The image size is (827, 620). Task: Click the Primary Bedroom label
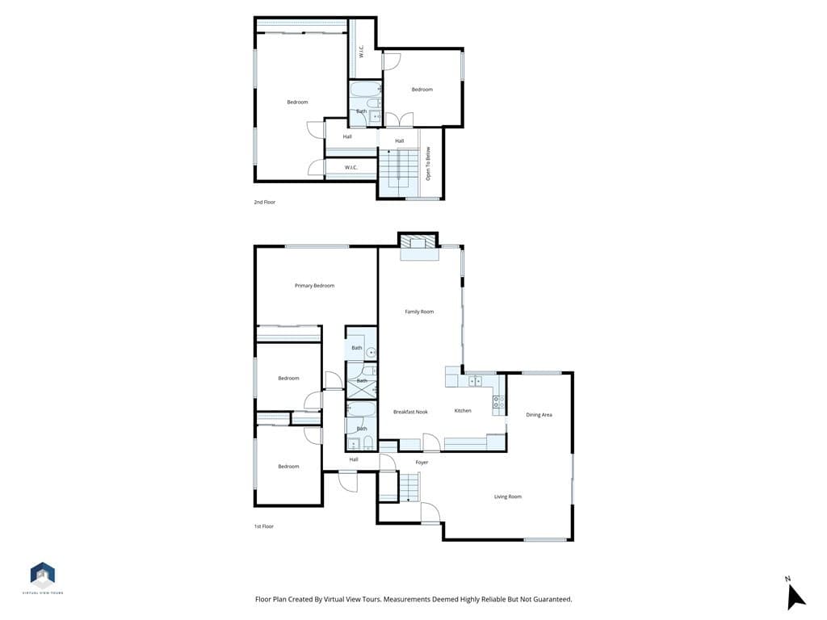(x=314, y=286)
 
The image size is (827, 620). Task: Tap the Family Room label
(x=419, y=312)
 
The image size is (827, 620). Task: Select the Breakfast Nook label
(x=410, y=412)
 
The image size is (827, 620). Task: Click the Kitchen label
(x=463, y=411)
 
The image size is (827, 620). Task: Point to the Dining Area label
(x=539, y=415)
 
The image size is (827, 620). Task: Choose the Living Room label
(x=508, y=496)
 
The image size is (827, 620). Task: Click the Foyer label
(x=422, y=463)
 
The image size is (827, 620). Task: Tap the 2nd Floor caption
(x=264, y=202)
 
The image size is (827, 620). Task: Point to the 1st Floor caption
(x=263, y=526)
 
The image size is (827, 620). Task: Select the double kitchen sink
(x=476, y=381)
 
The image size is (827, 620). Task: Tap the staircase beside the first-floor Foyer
(x=410, y=487)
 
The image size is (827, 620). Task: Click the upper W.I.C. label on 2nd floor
(x=361, y=52)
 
